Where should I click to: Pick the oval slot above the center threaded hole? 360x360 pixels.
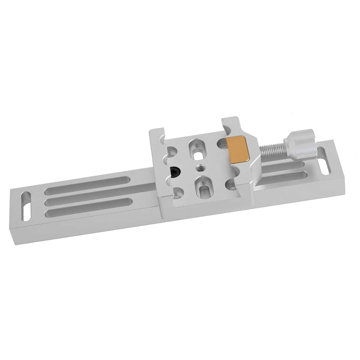tap(197, 148)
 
